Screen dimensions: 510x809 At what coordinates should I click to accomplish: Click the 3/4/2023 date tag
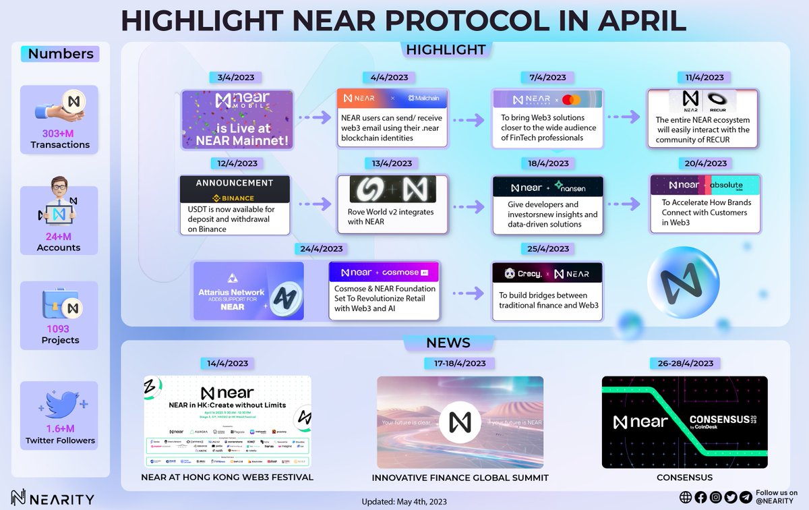pos(236,78)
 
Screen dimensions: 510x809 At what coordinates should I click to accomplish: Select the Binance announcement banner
pos(235,190)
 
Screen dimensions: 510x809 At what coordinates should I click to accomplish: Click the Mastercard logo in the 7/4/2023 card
pos(572,100)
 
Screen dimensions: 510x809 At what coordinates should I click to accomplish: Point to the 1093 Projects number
pos(60,329)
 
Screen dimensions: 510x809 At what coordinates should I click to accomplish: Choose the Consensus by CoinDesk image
pos(684,422)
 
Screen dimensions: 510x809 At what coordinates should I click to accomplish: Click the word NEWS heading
pos(448,343)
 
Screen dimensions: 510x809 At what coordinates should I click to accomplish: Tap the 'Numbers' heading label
pos(60,54)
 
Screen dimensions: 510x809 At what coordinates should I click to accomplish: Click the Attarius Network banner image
pos(248,291)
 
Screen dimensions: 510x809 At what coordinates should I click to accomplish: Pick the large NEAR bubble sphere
pos(678,283)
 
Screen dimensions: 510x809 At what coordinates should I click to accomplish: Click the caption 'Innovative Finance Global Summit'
pos(460,478)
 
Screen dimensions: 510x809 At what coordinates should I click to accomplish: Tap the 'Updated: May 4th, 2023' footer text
pos(404,502)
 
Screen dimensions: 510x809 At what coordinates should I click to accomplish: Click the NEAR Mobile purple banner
pos(237,119)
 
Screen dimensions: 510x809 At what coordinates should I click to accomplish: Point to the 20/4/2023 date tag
pos(706,163)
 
